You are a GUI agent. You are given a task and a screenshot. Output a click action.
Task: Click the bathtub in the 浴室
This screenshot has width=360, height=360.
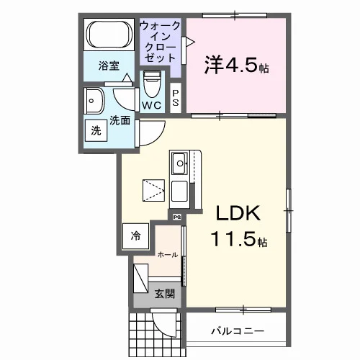(x=109, y=34)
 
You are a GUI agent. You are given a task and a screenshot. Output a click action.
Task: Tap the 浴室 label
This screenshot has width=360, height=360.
(x=109, y=66)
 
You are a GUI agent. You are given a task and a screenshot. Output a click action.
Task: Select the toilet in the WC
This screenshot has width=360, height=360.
(x=152, y=84)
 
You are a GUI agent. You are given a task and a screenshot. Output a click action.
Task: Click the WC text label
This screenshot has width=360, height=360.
(x=152, y=105)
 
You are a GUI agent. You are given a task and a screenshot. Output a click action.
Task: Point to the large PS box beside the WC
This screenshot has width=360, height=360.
(x=176, y=98)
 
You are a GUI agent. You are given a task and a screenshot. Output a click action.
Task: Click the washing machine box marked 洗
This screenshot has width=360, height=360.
(x=96, y=130)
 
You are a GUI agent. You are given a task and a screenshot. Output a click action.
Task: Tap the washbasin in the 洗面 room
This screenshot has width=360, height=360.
(x=94, y=101)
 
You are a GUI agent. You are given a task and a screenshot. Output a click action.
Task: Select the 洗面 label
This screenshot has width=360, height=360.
(x=120, y=120)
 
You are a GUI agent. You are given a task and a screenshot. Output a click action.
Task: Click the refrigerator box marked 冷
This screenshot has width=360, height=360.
(x=135, y=236)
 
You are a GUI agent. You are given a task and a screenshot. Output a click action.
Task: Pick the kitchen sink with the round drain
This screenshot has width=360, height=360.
(x=179, y=163)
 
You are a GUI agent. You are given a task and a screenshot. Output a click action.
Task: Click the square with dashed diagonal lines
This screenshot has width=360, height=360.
(x=153, y=190)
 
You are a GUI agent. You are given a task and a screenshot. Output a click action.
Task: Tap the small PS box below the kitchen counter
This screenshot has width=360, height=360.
(x=177, y=217)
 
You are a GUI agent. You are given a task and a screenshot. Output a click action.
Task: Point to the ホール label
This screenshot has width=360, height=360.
(x=168, y=255)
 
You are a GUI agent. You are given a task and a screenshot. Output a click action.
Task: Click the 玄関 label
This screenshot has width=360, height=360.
(x=164, y=294)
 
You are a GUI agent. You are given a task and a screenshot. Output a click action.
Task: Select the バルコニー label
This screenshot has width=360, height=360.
(x=238, y=331)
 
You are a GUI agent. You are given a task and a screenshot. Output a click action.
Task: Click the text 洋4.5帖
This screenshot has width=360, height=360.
(x=236, y=65)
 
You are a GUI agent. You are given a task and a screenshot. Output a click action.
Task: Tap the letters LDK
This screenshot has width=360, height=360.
(x=238, y=213)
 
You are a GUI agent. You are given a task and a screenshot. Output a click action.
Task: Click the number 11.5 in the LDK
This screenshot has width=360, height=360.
(x=233, y=239)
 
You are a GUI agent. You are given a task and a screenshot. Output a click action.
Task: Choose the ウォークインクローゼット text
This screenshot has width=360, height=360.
(x=160, y=42)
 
